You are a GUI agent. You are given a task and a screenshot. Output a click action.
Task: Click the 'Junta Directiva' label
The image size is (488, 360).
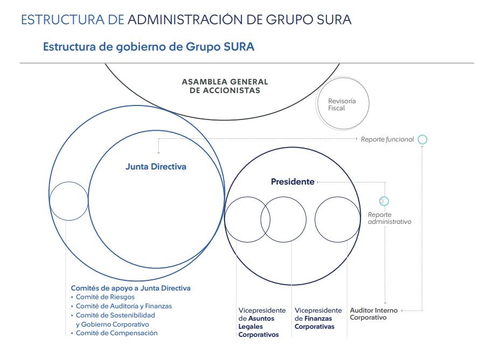coord(156,167)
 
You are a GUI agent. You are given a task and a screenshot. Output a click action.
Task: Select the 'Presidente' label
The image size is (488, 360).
coord(292,181)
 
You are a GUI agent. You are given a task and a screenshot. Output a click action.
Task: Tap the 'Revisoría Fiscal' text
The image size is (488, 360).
coord(341,104)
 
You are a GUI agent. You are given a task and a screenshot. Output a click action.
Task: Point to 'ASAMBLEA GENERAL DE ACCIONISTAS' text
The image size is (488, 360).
coord(225,86)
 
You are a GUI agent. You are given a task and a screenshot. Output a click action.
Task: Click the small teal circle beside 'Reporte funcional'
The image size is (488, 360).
coord(422,139)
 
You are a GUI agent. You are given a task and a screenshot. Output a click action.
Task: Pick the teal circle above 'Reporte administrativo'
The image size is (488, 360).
coord(384,201)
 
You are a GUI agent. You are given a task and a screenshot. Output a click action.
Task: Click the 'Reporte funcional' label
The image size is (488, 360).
coord(387,139)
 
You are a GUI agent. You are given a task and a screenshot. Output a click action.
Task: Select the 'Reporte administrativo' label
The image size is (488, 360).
coord(389,218)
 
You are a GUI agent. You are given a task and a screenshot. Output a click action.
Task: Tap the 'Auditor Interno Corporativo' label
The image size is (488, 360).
coord(374,314)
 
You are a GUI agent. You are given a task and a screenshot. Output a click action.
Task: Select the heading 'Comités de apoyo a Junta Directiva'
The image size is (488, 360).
coord(131,288)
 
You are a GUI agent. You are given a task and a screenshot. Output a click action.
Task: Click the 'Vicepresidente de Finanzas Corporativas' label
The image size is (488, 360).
coord(318,319)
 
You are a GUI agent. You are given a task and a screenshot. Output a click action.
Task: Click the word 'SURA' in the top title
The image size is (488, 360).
coord(334,19)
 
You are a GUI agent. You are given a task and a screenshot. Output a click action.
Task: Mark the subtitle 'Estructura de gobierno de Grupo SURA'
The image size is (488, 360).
coord(149,47)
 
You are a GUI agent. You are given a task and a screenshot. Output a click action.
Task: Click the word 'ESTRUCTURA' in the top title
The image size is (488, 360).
coord(62,19)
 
